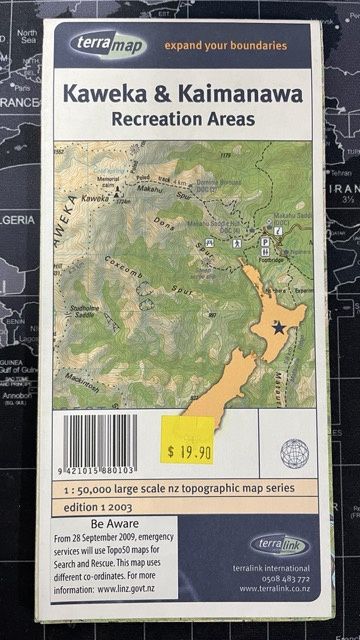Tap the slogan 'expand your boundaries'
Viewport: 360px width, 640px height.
(227, 46)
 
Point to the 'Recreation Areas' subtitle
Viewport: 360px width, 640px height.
(182, 119)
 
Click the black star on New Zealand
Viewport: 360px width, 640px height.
(278, 328)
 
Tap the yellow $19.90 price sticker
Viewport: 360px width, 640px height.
(188, 452)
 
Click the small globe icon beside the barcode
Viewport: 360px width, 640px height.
(294, 452)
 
